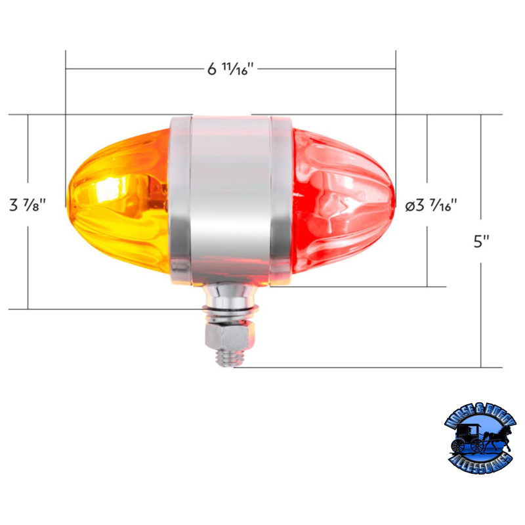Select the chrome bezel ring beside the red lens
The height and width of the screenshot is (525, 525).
click(280, 200)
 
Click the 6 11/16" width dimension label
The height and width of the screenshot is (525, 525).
click(230, 69)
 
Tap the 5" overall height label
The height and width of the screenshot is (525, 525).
click(482, 241)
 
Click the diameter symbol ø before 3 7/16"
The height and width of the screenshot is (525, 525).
click(410, 206)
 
